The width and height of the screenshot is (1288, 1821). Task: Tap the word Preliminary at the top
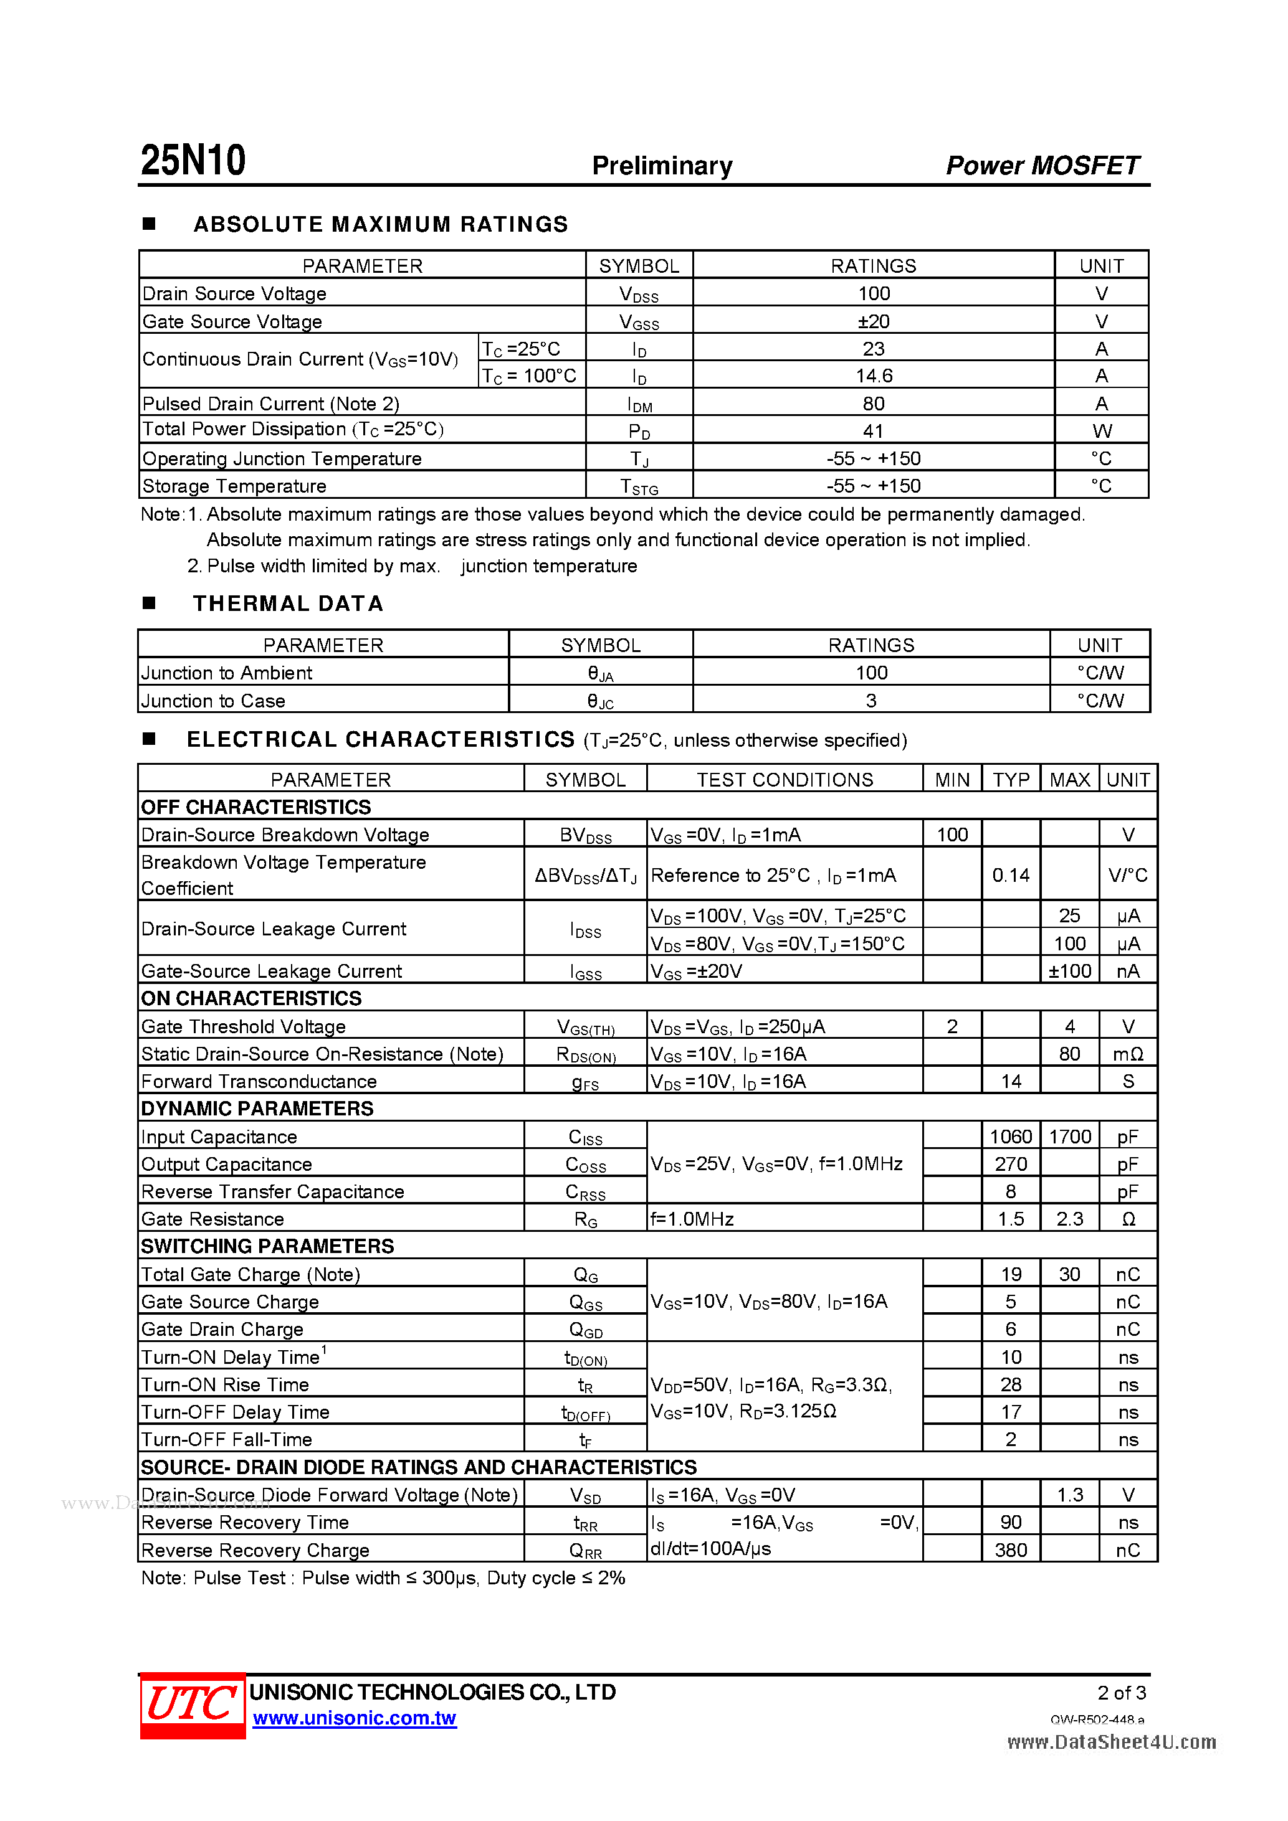(x=662, y=166)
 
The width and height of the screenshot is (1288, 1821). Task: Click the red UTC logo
(x=192, y=1705)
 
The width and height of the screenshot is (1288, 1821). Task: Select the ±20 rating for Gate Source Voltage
(x=873, y=321)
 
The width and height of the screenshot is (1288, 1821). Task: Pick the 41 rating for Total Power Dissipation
(x=873, y=431)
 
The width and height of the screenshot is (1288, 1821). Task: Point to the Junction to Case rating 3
(x=871, y=701)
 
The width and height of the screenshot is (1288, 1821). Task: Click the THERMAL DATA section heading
(x=288, y=603)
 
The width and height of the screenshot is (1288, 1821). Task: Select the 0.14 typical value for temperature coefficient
(x=1010, y=875)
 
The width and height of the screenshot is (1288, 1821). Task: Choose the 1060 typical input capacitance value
(x=1010, y=1137)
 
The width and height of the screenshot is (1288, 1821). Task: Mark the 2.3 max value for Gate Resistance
(x=1069, y=1219)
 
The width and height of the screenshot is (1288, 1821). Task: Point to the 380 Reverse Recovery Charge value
(x=1010, y=1549)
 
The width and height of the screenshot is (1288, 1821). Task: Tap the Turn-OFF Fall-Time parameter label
(x=227, y=1439)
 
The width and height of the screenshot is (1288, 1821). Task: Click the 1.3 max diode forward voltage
(x=1069, y=1495)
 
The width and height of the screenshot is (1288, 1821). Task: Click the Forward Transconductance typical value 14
(x=1010, y=1081)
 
